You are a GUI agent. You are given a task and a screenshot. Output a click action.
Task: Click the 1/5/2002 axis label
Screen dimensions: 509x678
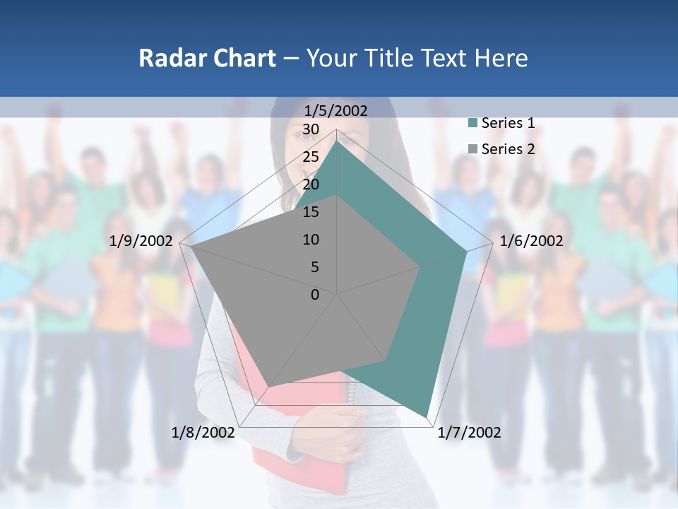[x=336, y=111]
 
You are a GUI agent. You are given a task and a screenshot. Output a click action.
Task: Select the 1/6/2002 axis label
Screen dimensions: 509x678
[x=531, y=241]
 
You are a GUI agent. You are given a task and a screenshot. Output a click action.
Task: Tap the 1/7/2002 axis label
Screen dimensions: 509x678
[x=469, y=433]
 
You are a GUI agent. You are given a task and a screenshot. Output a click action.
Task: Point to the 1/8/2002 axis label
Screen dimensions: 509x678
[x=203, y=433]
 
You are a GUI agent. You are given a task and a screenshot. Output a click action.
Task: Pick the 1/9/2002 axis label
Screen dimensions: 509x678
[x=141, y=241]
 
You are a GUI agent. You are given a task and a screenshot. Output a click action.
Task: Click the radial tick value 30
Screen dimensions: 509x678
[x=311, y=129]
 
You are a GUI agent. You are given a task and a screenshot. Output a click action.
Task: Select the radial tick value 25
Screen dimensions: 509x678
[x=311, y=157]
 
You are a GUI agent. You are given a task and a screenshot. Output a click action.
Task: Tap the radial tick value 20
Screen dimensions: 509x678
[x=311, y=185]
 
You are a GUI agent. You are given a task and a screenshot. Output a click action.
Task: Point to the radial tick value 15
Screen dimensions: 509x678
[x=311, y=212]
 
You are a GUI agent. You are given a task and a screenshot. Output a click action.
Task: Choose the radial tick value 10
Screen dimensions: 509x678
[x=311, y=240]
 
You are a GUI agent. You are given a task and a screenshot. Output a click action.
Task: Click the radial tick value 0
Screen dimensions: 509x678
[x=315, y=295]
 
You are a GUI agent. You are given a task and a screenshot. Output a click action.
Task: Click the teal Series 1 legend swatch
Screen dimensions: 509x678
[x=472, y=124]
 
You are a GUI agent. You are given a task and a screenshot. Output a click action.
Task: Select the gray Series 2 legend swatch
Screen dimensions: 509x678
[x=472, y=149]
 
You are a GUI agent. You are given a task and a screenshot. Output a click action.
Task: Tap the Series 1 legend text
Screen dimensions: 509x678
[x=508, y=124]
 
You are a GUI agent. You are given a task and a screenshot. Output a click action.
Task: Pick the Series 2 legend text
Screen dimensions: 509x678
[x=508, y=149]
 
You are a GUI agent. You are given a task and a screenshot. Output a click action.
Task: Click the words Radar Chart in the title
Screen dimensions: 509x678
[x=207, y=58]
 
